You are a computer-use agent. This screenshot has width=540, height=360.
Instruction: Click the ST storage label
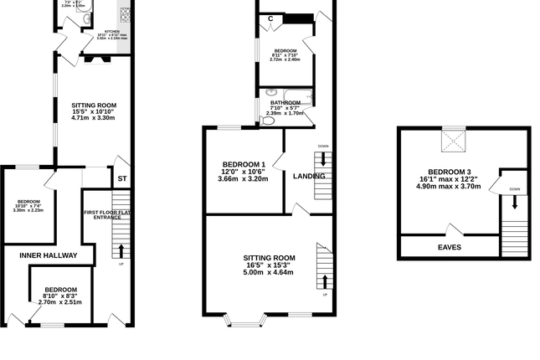click(121, 178)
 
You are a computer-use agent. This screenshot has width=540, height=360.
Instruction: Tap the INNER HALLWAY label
click(49, 255)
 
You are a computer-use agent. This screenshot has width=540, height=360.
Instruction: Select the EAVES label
click(449, 247)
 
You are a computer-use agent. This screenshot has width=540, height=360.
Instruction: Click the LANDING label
click(308, 176)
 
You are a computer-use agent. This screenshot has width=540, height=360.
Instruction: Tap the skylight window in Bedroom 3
click(454, 143)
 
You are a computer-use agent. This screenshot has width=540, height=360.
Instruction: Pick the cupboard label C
click(271, 18)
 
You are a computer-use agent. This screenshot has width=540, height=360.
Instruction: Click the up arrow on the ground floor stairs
click(121, 249)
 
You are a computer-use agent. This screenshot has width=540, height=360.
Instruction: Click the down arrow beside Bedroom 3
click(515, 201)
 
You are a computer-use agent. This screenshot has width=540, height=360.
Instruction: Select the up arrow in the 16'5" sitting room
click(324, 280)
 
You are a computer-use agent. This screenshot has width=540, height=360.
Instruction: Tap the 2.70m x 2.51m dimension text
click(60, 302)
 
